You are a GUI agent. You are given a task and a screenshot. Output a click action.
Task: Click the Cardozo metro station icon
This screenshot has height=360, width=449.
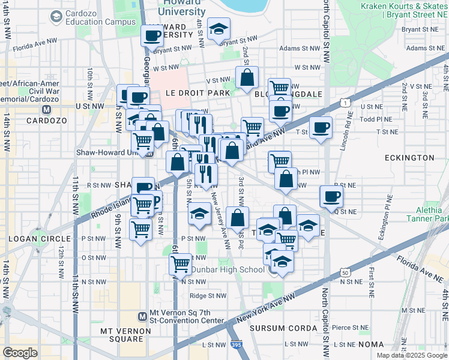click(46, 110)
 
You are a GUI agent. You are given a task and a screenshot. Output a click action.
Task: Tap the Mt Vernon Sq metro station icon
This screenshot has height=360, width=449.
click(142, 316)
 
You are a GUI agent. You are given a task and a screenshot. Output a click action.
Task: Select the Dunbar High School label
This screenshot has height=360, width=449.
click(227, 269)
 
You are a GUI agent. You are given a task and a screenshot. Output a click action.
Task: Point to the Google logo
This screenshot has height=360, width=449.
click(20, 352)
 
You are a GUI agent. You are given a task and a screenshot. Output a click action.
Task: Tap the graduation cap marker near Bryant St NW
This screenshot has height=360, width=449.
click(218, 28)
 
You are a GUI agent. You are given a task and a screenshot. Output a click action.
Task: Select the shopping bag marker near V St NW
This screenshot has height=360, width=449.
click(247, 77)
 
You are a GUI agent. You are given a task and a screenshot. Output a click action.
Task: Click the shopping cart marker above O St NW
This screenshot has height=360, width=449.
click(181, 263)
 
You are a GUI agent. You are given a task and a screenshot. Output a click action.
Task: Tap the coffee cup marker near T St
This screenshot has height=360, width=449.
click(321, 127)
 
